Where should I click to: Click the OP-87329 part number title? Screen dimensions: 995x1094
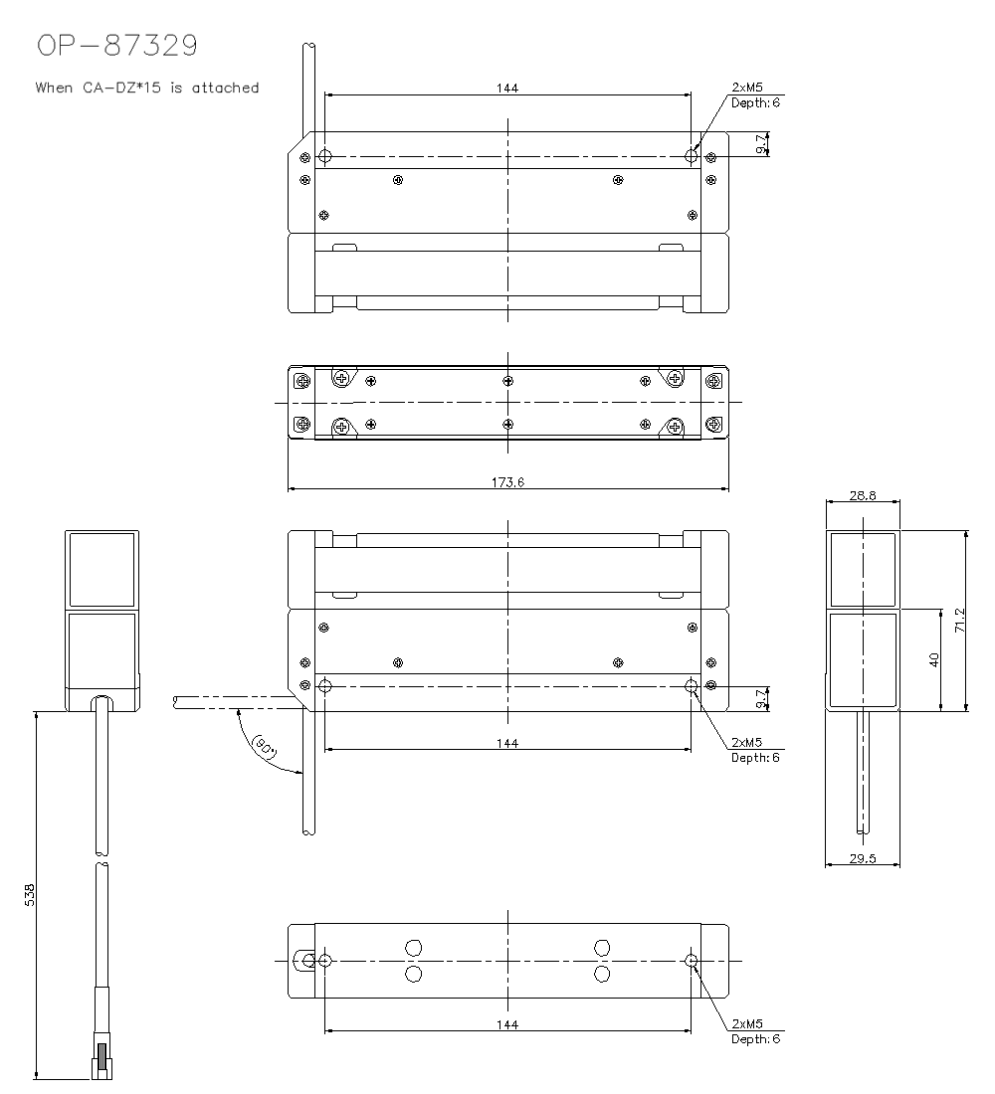pyautogui.click(x=117, y=46)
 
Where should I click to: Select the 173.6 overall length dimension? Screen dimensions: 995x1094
pyautogui.click(x=507, y=482)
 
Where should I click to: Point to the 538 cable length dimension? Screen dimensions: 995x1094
pyautogui.click(x=29, y=895)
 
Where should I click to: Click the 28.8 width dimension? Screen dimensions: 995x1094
pyautogui.click(x=863, y=495)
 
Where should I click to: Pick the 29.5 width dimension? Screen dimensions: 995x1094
pyautogui.click(x=863, y=858)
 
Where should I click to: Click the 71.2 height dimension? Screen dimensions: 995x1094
pyautogui.click(x=960, y=621)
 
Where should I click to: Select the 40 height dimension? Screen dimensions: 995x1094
pyautogui.click(x=934, y=659)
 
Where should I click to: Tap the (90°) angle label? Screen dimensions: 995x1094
pyautogui.click(x=265, y=747)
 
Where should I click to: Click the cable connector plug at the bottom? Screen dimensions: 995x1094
pyautogui.click(x=101, y=1060)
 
